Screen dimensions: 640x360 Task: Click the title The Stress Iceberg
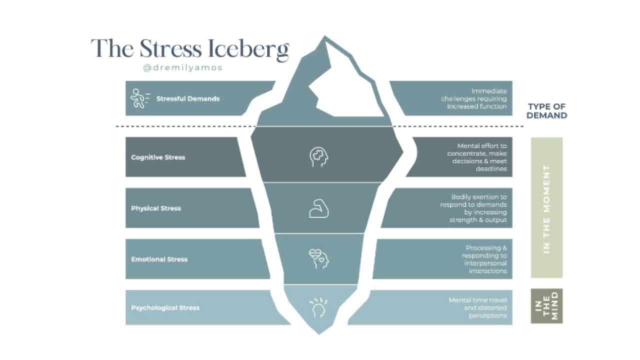(x=190, y=49)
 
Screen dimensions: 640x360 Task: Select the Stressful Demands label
(x=187, y=98)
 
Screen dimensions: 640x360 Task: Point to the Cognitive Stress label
(x=158, y=157)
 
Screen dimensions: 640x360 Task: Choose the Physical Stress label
(x=156, y=208)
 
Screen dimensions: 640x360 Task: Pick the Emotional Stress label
(x=159, y=259)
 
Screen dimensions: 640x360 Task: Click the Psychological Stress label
(x=165, y=307)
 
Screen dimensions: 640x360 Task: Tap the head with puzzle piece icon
(x=319, y=157)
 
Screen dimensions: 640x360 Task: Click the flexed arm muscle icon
(x=318, y=208)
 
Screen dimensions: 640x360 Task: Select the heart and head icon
(x=319, y=258)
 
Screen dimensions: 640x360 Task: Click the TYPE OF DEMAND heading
(x=547, y=111)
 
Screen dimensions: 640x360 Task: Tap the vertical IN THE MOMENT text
(x=546, y=208)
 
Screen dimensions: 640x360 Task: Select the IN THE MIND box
(x=546, y=306)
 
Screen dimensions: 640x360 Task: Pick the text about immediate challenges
(x=473, y=98)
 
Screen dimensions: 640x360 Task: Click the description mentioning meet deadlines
(x=477, y=157)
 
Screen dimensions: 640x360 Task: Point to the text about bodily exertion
(x=473, y=208)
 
